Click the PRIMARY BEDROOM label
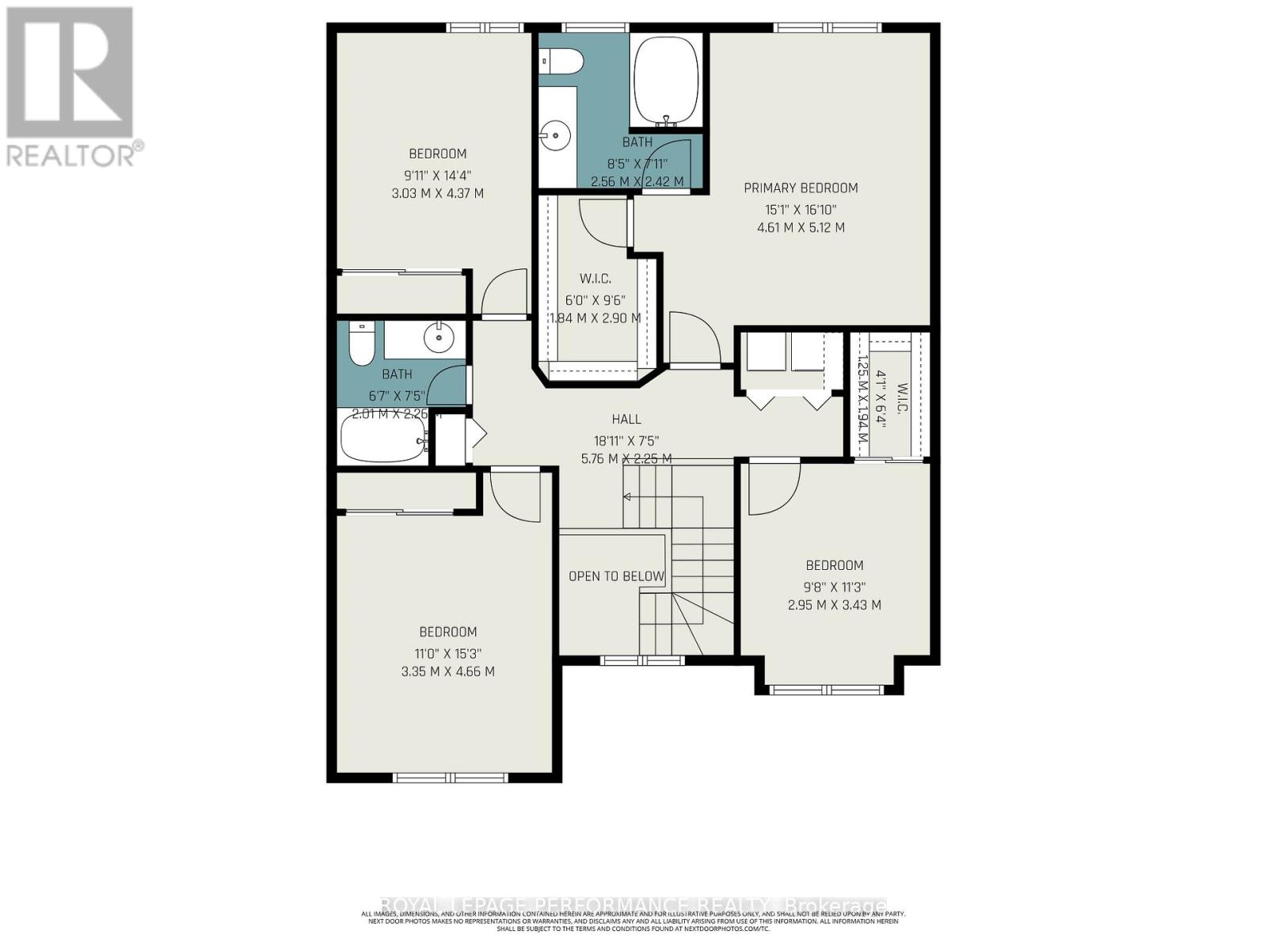(x=801, y=188)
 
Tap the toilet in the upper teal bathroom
(x=562, y=60)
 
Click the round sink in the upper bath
(x=557, y=135)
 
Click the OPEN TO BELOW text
(x=616, y=576)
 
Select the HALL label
(x=626, y=420)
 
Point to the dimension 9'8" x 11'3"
(x=834, y=587)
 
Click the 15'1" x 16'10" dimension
(x=801, y=210)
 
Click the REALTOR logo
(x=71, y=87)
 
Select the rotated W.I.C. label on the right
(x=901, y=401)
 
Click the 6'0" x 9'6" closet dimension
(x=595, y=300)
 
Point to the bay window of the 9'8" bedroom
(x=827, y=689)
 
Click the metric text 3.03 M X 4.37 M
(x=437, y=193)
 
